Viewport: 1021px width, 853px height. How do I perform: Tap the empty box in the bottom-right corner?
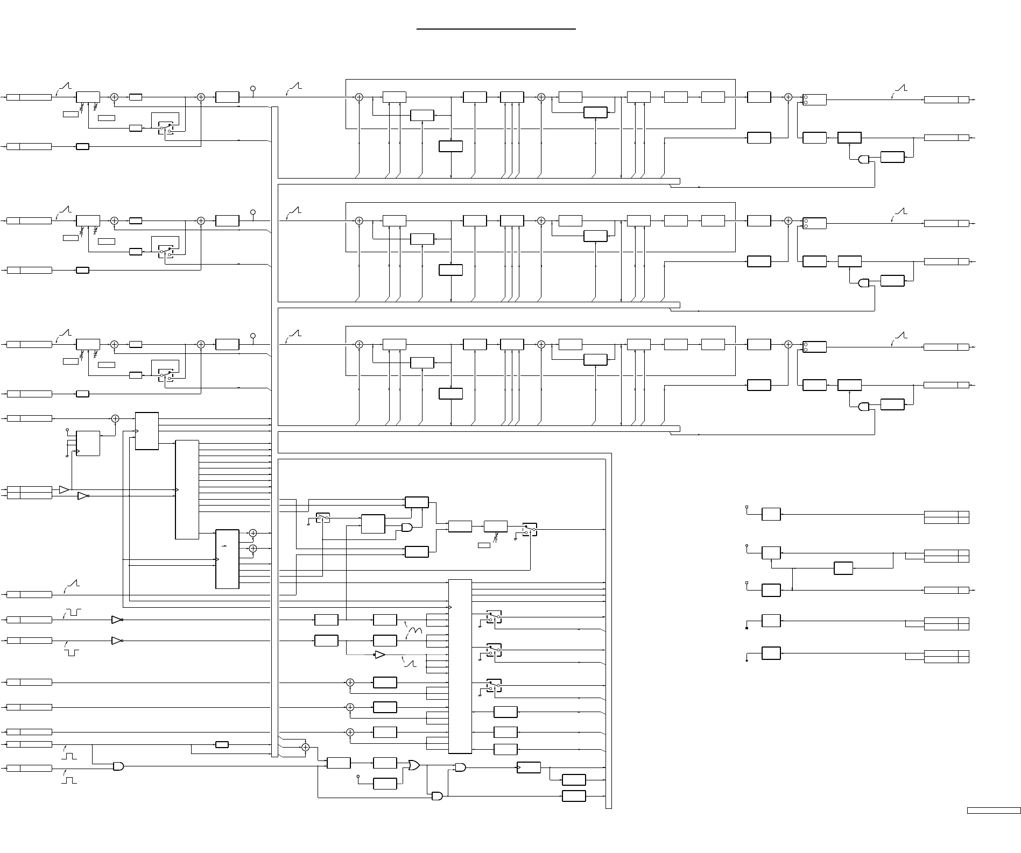click(994, 826)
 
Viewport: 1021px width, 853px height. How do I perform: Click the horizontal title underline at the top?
click(496, 30)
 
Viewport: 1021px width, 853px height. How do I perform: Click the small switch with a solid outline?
click(323, 517)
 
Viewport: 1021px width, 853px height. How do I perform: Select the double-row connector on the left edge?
click(29, 492)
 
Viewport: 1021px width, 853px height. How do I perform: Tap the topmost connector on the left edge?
click(29, 97)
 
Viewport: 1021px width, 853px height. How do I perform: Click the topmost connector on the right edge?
click(946, 99)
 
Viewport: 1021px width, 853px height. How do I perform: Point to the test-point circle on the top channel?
click(253, 88)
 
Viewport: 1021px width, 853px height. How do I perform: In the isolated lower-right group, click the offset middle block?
click(843, 568)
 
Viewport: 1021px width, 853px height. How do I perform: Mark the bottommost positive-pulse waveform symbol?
click(69, 779)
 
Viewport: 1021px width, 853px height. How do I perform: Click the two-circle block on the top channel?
click(814, 99)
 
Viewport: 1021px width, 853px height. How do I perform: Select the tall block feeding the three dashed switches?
click(460, 666)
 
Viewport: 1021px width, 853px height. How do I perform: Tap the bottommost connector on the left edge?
click(29, 768)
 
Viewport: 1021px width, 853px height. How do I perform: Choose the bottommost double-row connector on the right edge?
click(946, 656)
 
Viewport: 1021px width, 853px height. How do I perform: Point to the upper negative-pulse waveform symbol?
click(72, 612)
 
